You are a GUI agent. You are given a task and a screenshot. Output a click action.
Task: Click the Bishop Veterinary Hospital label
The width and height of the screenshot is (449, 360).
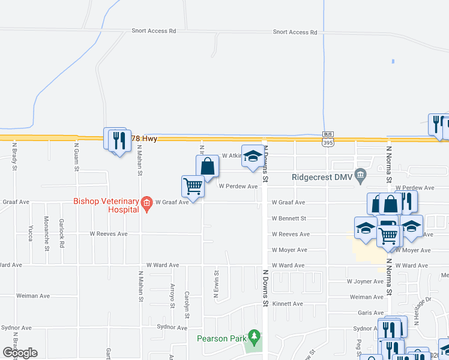pyautogui.click(x=106, y=205)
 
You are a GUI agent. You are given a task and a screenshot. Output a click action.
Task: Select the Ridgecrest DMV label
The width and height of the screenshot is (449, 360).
pyautogui.click(x=322, y=177)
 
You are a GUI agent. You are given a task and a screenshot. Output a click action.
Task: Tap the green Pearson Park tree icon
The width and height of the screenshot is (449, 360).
pyautogui.click(x=255, y=337)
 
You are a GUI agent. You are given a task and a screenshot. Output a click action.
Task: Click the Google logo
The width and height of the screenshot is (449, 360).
pyautogui.click(x=20, y=353)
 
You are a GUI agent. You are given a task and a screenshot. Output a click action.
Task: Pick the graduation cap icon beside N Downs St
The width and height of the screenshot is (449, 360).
pyautogui.click(x=253, y=155)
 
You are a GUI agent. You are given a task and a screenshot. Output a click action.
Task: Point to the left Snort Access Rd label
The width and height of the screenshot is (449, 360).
pyautogui.click(x=154, y=31)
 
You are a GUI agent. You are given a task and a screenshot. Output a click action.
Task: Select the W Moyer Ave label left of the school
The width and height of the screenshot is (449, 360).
pyautogui.click(x=289, y=250)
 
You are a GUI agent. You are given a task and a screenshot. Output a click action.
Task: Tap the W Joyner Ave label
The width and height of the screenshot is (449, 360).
pyautogui.click(x=365, y=281)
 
